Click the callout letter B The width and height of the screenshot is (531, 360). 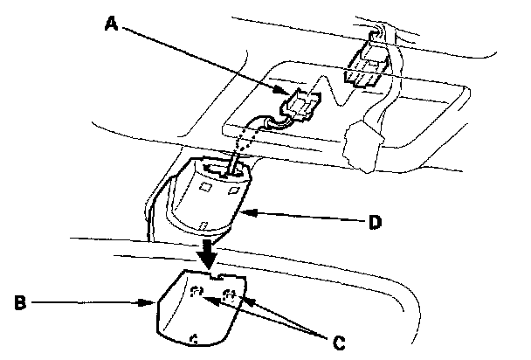click(x=19, y=305)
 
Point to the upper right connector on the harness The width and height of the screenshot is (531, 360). click(x=365, y=66)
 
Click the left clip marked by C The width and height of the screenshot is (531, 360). click(x=197, y=293)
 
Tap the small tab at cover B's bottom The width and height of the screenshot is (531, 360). click(x=193, y=336)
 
